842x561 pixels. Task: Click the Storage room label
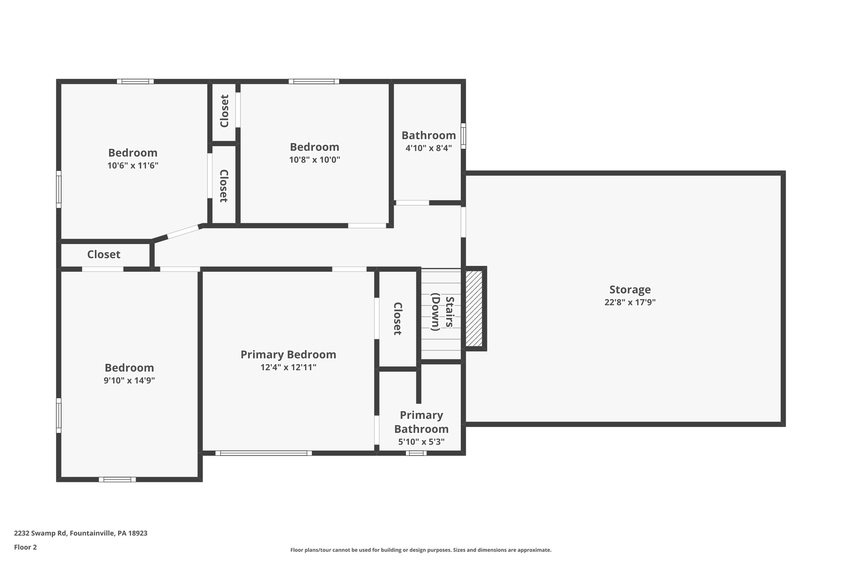pyautogui.click(x=629, y=290)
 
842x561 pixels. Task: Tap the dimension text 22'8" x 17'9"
pyautogui.click(x=629, y=302)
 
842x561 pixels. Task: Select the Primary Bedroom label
pyautogui.click(x=288, y=354)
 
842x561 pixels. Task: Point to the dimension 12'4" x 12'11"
pyautogui.click(x=288, y=367)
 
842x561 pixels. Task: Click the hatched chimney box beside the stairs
pyautogui.click(x=474, y=308)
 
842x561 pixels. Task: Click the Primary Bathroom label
pyautogui.click(x=421, y=422)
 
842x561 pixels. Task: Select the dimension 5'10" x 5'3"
pyautogui.click(x=421, y=442)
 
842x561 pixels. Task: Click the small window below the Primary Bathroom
pyautogui.click(x=416, y=453)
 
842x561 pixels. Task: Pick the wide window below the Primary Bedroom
pyautogui.click(x=263, y=453)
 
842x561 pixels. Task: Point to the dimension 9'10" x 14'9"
pyautogui.click(x=129, y=381)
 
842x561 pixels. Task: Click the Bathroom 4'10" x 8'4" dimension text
pyautogui.click(x=428, y=148)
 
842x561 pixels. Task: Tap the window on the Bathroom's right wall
pyautogui.click(x=463, y=136)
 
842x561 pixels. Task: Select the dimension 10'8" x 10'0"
pyautogui.click(x=315, y=160)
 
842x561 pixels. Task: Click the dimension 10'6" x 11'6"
pyautogui.click(x=133, y=166)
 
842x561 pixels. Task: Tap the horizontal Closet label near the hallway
pyautogui.click(x=104, y=254)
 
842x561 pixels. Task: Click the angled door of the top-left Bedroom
pyautogui.click(x=183, y=232)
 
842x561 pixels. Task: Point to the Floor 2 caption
pyautogui.click(x=25, y=547)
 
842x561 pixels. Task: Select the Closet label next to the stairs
pyautogui.click(x=397, y=319)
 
